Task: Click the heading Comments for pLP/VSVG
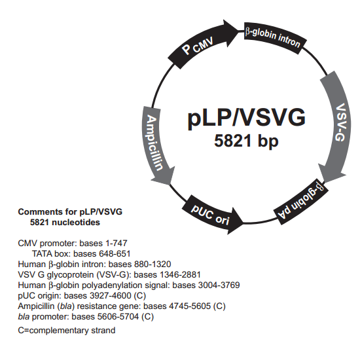(70, 212)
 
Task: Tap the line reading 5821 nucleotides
(65, 223)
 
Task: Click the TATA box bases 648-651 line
(82, 253)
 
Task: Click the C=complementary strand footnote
(66, 330)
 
